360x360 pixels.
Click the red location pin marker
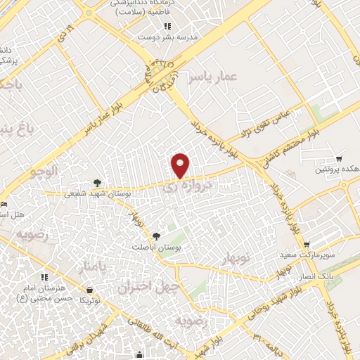click(181, 165)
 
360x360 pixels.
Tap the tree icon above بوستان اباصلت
click(156, 236)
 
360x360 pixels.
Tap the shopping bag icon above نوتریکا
click(90, 290)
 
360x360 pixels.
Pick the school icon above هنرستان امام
click(44, 277)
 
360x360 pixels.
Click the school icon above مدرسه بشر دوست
click(167, 26)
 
